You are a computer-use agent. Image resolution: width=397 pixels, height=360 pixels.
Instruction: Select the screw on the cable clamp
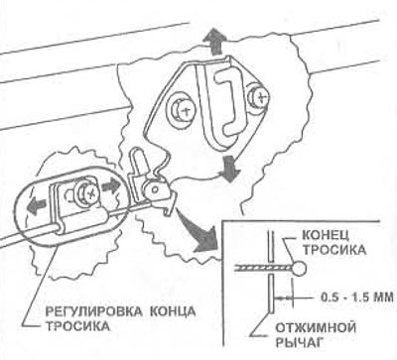click(x=88, y=192)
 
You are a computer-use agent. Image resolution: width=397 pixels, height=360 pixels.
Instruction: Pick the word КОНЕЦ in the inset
click(x=326, y=235)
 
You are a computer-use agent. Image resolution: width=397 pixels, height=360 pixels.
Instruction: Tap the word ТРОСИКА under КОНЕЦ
click(x=334, y=250)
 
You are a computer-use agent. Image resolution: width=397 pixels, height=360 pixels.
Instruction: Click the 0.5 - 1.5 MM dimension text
click(x=357, y=297)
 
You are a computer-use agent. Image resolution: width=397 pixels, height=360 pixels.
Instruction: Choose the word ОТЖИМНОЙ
click(x=316, y=328)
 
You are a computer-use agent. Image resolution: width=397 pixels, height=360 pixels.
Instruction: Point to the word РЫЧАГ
click(x=298, y=342)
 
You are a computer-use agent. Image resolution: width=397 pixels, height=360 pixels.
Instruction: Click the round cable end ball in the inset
click(x=300, y=268)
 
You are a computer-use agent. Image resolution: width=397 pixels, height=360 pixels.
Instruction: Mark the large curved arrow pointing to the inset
click(x=196, y=232)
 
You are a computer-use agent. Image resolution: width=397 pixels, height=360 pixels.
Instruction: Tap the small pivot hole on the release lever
click(x=153, y=189)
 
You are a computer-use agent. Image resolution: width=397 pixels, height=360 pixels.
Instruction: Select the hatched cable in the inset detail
click(x=263, y=268)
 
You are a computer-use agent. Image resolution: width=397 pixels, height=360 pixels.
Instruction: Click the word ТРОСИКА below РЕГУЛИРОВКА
click(x=76, y=326)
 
